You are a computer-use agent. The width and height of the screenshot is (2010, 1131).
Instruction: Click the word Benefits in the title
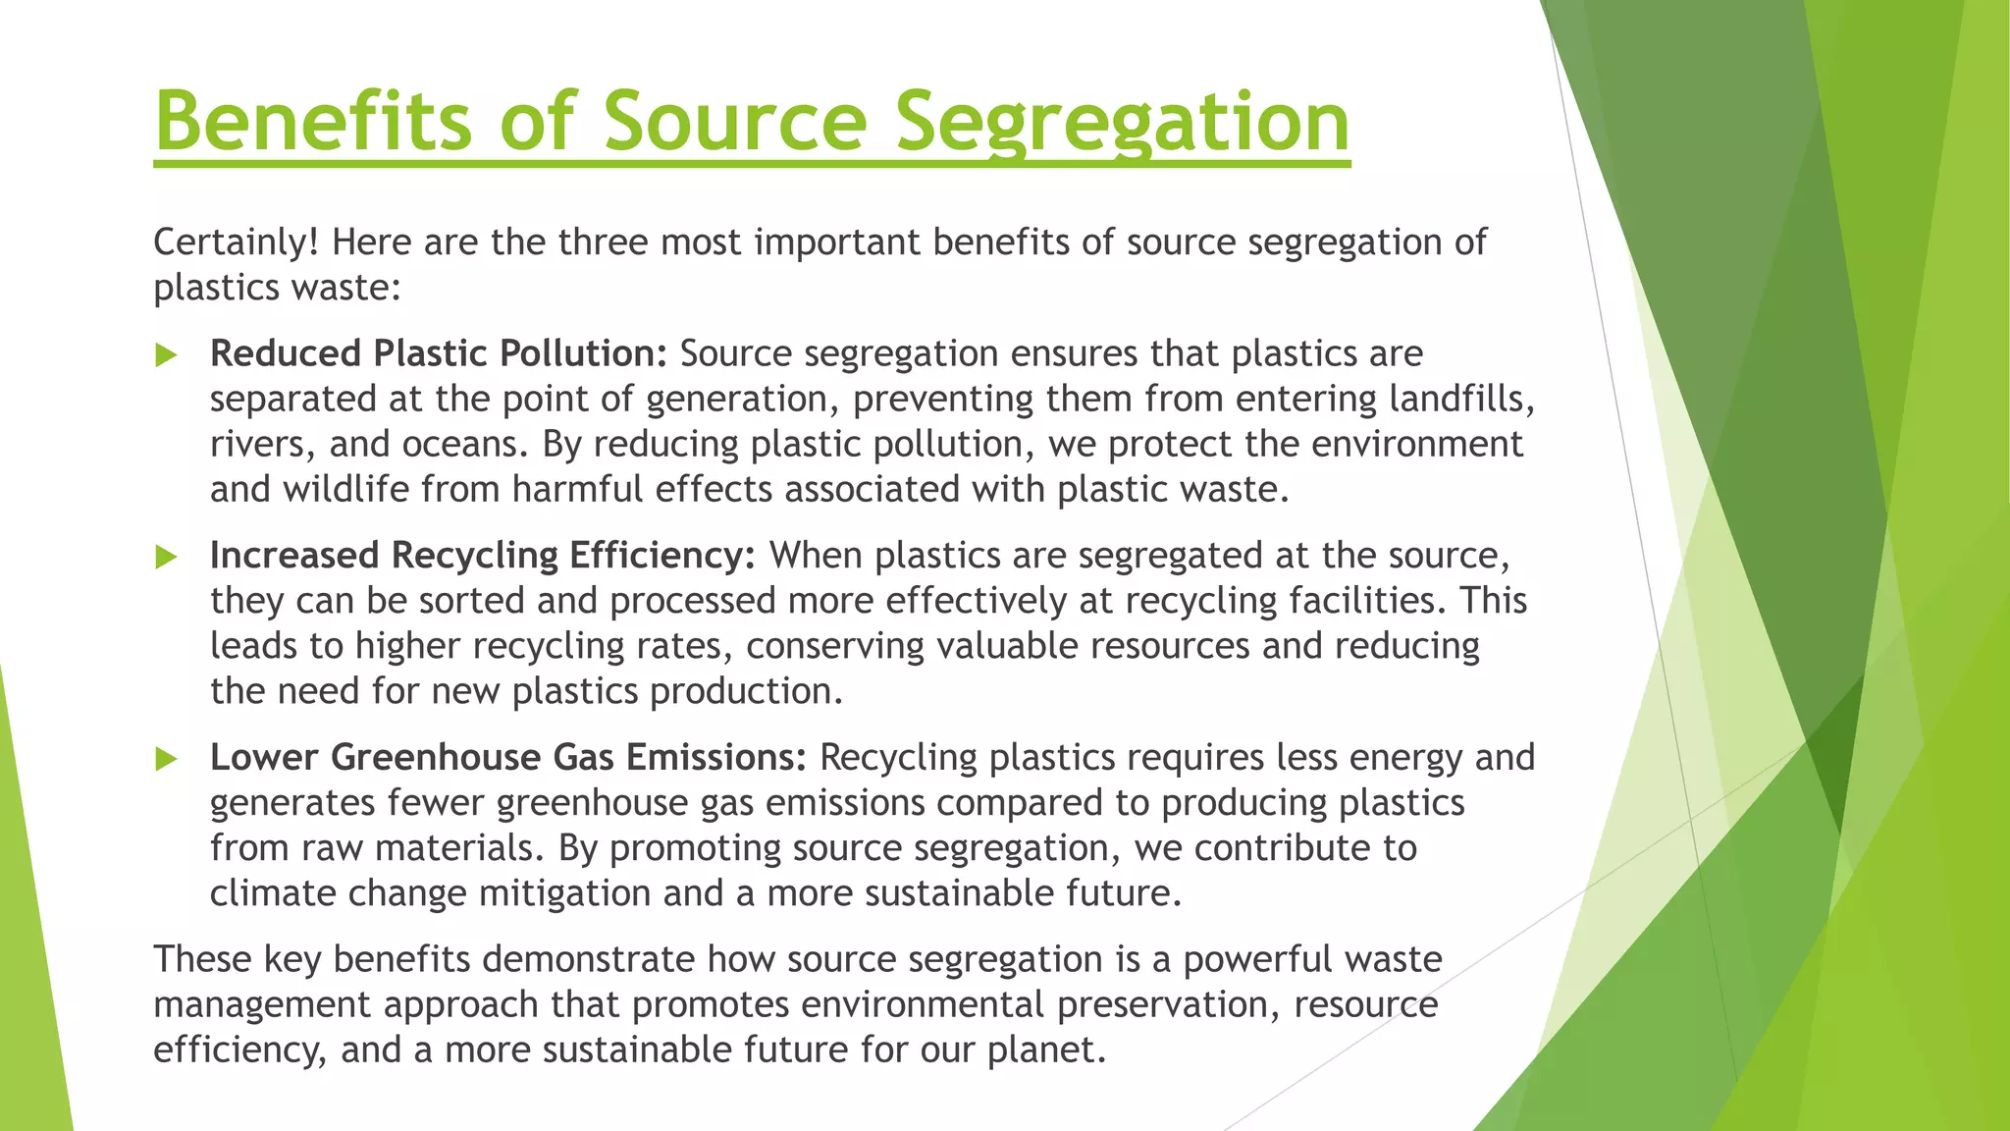click(312, 121)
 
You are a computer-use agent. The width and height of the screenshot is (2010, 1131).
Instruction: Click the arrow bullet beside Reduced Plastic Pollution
click(166, 354)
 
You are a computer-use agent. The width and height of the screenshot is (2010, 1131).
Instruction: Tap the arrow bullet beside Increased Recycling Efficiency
click(166, 557)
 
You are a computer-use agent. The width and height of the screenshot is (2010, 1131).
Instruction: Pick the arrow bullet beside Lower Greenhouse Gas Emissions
click(166, 759)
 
